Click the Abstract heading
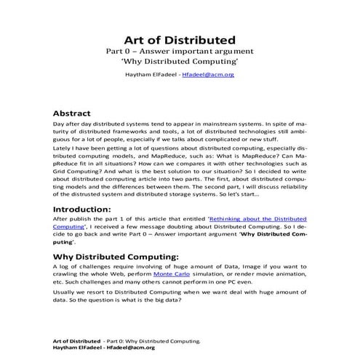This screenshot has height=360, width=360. (72, 113)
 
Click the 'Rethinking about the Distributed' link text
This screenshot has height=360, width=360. (257, 219)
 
